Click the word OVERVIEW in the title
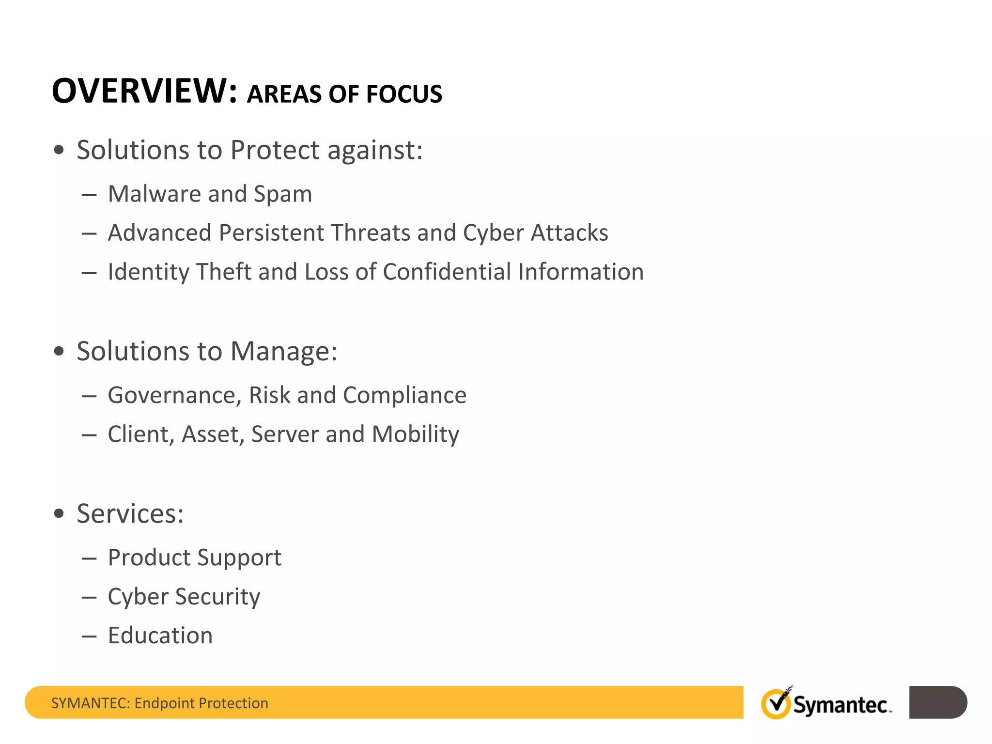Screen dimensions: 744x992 pos(144,91)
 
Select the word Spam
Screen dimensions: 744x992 pos(283,195)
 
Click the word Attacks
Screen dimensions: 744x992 pos(569,233)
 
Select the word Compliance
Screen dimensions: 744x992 pos(404,396)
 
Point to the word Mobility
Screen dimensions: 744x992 pos(415,434)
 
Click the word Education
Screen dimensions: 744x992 pos(160,635)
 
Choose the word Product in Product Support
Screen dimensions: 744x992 pos(149,558)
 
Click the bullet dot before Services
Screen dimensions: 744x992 pos(59,513)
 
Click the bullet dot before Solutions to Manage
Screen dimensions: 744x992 pos(59,351)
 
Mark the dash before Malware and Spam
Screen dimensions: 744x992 pos(89,195)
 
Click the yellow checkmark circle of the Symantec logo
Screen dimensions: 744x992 pos(775,704)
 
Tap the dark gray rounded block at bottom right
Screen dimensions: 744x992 pos(937,702)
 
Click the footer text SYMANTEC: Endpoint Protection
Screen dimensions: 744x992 pos(159,703)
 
